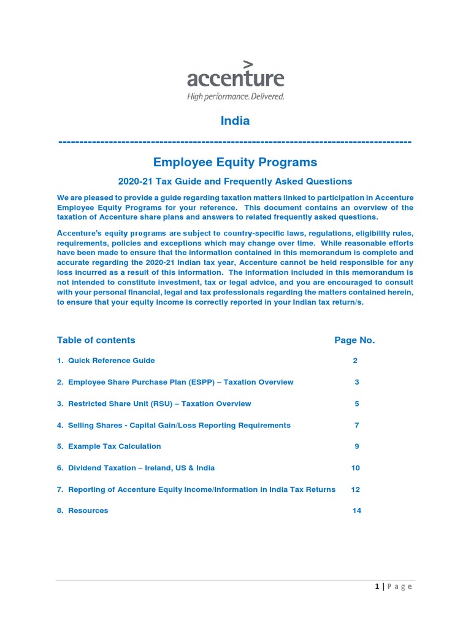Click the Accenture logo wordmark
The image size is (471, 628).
(235, 78)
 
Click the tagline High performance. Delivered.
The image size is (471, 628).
(235, 96)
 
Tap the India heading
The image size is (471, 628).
(235, 121)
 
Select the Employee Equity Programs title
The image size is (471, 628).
(235, 162)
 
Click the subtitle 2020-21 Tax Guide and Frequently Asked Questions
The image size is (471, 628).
(235, 181)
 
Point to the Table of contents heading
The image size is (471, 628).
(96, 340)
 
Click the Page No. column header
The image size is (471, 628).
(354, 340)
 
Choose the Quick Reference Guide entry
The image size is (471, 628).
(111, 361)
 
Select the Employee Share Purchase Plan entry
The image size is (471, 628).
(180, 382)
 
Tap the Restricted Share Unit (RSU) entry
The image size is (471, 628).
(159, 404)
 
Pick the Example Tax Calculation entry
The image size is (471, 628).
(114, 446)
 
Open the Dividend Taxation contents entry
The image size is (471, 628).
(141, 468)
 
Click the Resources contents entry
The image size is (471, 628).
(88, 510)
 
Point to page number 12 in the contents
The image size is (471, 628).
(356, 489)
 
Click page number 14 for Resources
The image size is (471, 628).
(357, 510)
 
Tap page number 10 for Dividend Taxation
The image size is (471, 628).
(356, 468)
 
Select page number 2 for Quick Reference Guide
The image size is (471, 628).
(355, 361)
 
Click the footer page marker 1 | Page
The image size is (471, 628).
(394, 586)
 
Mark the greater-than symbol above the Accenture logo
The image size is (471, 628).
(248, 64)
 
